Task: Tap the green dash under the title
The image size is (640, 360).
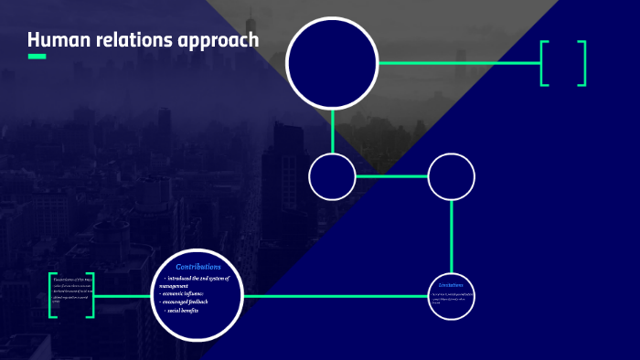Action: [x=37, y=57]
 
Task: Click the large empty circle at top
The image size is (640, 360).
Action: [x=332, y=63]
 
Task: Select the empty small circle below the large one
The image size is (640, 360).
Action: [x=332, y=176]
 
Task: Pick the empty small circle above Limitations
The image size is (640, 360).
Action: [x=452, y=176]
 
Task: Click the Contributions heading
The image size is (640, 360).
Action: [x=198, y=267]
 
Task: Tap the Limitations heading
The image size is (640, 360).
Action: [x=452, y=285]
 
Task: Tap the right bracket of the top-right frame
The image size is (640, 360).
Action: [x=582, y=63]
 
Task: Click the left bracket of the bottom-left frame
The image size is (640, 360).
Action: [x=53, y=295]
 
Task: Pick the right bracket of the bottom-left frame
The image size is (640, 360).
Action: [x=91, y=295]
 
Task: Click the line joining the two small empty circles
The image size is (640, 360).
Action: [x=391, y=176]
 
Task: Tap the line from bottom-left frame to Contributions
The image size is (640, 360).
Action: [x=123, y=296]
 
